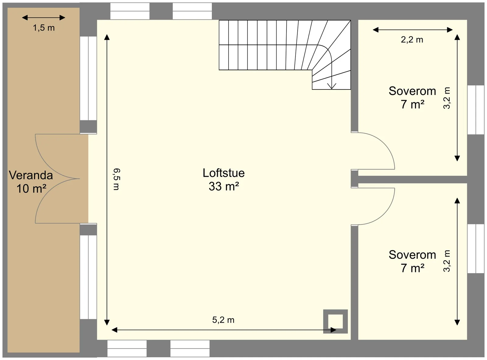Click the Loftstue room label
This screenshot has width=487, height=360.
pos(223,173)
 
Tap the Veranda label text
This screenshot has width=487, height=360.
pos(31,175)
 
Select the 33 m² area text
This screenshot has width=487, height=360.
pos(224,186)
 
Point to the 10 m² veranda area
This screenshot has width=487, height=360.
pos(31,189)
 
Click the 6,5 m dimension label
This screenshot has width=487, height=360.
pos(117,179)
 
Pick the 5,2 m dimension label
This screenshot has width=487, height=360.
pos(223,320)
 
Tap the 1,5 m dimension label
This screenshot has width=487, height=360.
pos(44,28)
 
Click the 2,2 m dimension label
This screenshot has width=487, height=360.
pos(412,40)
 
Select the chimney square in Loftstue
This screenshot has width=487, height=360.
pos(335,321)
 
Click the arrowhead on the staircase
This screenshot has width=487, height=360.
pos(331,86)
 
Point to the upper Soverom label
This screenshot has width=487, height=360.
pos(412,91)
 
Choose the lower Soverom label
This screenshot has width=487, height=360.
pos(412,255)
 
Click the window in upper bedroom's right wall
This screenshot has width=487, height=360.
pos(475,110)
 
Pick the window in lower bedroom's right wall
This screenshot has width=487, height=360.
pos(475,249)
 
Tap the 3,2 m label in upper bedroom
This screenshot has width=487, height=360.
pos(447,98)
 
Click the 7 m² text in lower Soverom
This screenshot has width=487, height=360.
pos(412,268)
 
